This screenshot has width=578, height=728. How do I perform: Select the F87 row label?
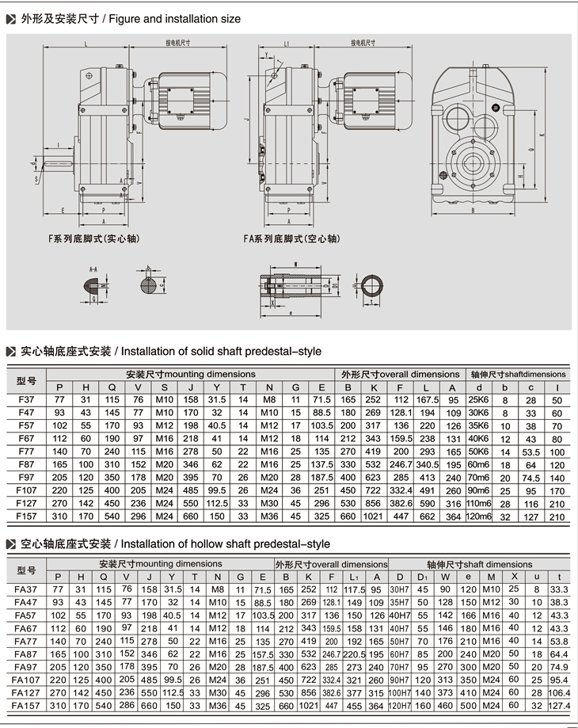(x=26, y=463)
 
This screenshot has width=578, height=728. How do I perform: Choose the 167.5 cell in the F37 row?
(x=428, y=399)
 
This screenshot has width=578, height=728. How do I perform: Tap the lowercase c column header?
(x=531, y=387)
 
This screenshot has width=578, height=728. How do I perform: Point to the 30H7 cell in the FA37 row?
(x=400, y=589)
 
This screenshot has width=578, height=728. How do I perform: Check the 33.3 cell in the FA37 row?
(x=560, y=589)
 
